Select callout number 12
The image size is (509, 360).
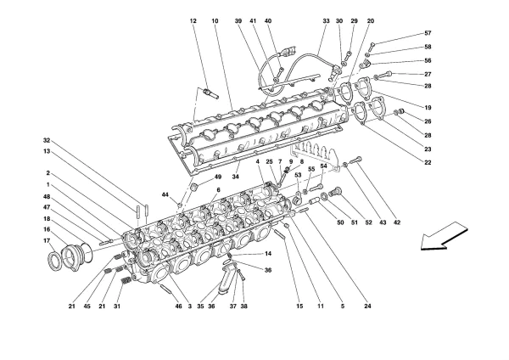point(193,20)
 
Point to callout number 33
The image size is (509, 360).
point(326,20)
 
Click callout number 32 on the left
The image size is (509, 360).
point(48,141)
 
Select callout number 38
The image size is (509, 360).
point(243,307)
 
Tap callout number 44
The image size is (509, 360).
point(166,194)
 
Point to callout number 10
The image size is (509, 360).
point(215,20)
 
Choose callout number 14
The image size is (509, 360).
point(268,254)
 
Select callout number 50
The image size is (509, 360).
point(339,222)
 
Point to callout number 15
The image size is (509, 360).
point(299,307)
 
